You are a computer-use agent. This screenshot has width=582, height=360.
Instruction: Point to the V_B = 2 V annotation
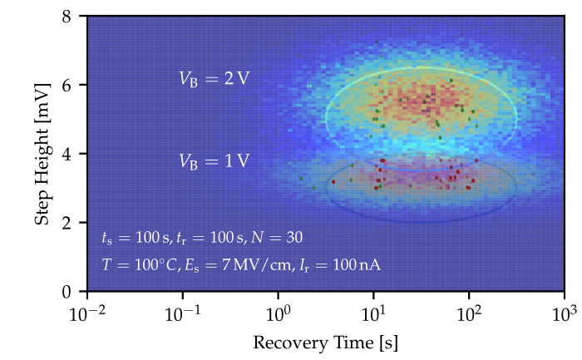(x=214, y=79)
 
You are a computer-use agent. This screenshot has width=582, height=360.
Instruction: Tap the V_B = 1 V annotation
(x=214, y=161)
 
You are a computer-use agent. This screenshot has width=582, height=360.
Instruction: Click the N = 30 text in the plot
(x=279, y=237)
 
